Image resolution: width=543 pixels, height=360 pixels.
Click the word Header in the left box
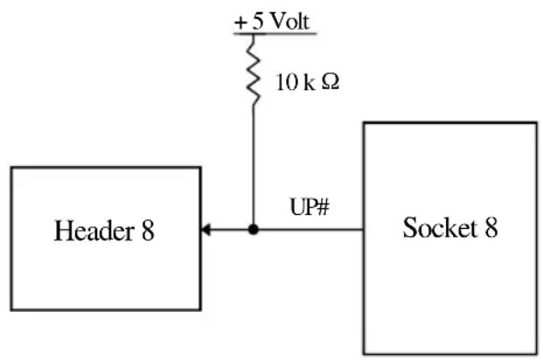point(94,231)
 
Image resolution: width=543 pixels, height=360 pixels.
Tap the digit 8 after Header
point(148,231)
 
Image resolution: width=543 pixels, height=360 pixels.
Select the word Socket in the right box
point(440,227)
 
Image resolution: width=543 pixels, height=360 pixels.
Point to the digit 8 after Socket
point(491,227)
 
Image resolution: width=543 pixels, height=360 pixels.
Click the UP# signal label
point(310,207)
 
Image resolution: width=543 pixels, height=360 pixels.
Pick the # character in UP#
point(323,207)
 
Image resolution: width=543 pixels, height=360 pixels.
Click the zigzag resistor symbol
point(254,70)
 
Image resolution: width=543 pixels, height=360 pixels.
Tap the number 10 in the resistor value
point(287,82)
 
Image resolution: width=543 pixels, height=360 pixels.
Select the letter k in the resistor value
point(310,82)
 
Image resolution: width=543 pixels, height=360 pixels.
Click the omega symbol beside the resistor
point(330,81)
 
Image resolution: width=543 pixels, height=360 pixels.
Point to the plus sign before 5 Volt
point(240,23)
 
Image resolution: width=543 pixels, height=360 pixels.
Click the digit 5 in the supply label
point(258,21)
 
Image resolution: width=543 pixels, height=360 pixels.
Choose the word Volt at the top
point(289,21)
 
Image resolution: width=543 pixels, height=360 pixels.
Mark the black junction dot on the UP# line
point(254,229)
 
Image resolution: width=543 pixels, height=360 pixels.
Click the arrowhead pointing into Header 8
point(205,229)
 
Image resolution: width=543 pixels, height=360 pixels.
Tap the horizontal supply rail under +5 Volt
point(275,34)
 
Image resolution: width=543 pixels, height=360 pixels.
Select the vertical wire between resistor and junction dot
point(254,165)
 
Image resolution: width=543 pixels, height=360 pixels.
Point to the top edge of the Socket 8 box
point(450,123)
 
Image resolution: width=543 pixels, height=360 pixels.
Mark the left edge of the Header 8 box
point(11,239)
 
